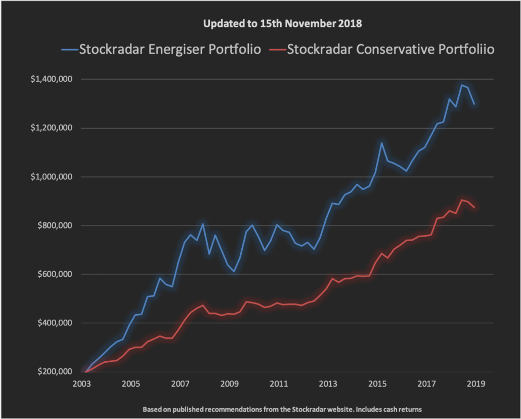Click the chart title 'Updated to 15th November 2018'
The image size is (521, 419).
click(282, 24)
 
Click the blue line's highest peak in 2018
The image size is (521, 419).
click(461, 85)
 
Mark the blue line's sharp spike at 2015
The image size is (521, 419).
click(382, 143)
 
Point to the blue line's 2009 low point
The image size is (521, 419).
click(234, 271)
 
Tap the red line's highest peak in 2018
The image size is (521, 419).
click(461, 200)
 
